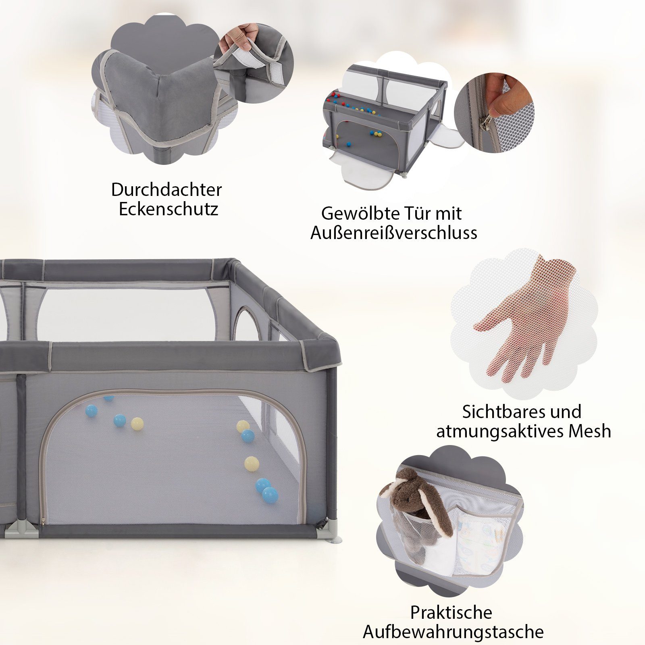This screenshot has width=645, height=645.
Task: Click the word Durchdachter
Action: (166, 189)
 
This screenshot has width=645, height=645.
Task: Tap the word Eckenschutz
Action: (169, 209)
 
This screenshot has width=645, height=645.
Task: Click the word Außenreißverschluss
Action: (394, 233)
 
